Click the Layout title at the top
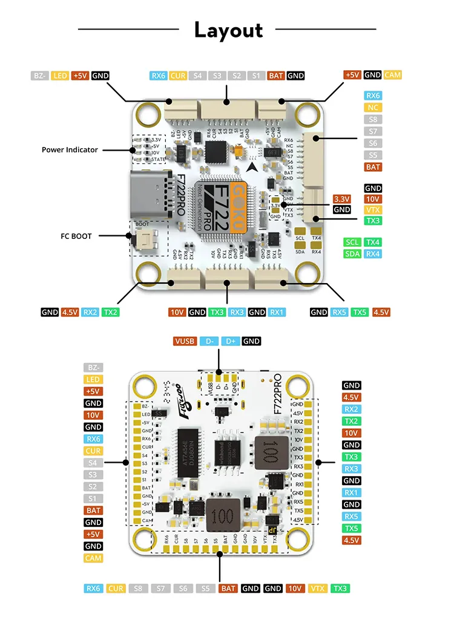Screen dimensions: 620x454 coord(228,30)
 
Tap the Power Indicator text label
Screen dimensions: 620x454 coord(70,149)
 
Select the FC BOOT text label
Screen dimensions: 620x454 coord(76,236)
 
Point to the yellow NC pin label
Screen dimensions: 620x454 coord(373,108)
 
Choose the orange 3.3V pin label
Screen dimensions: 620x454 coord(342,198)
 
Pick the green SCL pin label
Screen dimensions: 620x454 coord(352,242)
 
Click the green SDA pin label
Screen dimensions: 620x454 coord(352,253)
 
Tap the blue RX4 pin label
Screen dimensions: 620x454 coord(373,253)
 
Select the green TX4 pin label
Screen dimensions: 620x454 coord(373,242)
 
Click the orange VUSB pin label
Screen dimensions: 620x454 coord(185,341)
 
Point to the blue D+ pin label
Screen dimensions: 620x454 coord(230,341)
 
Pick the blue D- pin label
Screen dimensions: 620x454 coord(209,341)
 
